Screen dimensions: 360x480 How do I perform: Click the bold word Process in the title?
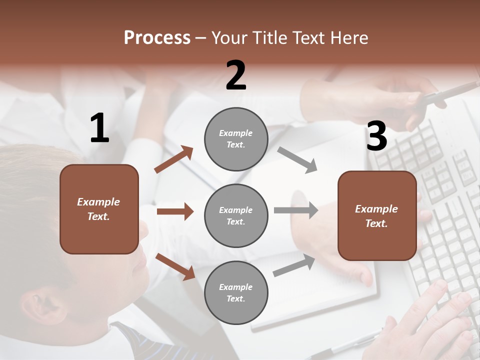click(157, 38)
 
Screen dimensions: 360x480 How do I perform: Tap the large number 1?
click(99, 129)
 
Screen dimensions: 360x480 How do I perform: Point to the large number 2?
click(236, 75)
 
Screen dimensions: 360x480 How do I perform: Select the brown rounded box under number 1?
click(99, 209)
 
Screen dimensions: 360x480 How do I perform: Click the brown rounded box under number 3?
click(377, 216)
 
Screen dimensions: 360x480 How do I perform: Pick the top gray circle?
click(236, 139)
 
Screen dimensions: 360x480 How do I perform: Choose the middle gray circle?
click(236, 215)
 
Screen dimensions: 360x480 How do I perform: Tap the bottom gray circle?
click(236, 292)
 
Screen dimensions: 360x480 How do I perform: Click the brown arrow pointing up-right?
click(174, 159)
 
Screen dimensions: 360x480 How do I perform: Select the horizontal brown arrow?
click(175, 211)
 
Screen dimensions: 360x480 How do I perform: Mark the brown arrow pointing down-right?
click(175, 266)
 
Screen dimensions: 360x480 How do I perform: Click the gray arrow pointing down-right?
click(297, 160)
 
